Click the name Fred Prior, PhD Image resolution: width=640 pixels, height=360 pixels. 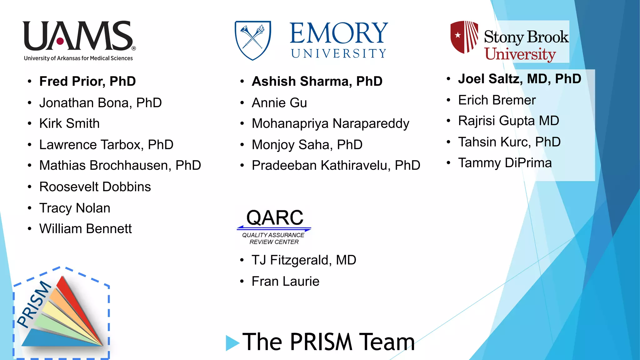pyautogui.click(x=87, y=81)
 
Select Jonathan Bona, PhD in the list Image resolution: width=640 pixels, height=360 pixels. pyautogui.click(x=100, y=103)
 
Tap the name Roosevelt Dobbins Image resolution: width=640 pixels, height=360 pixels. pyautogui.click(x=95, y=187)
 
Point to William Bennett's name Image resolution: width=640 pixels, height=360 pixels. pyautogui.click(x=85, y=229)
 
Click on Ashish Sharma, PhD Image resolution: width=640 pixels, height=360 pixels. pyautogui.click(x=317, y=81)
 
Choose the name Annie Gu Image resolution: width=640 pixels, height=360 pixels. pyautogui.click(x=279, y=103)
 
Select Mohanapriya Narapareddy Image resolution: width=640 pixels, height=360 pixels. pyautogui.click(x=330, y=123)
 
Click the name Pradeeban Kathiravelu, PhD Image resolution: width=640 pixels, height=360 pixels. pyautogui.click(x=336, y=165)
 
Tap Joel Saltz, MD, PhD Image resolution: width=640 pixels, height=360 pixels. pyautogui.click(x=519, y=79)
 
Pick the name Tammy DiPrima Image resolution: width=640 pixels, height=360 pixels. pyautogui.click(x=505, y=163)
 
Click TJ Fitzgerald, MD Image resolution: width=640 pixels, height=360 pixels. pyautogui.click(x=304, y=260)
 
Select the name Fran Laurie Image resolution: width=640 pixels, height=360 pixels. pyautogui.click(x=285, y=281)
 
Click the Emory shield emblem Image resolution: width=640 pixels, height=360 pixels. pyautogui.click(x=253, y=40)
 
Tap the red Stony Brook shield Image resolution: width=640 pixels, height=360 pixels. pyautogui.click(x=464, y=37)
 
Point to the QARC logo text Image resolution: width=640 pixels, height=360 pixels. pyautogui.click(x=275, y=217)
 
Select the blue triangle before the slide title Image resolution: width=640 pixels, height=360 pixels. pyautogui.click(x=232, y=343)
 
